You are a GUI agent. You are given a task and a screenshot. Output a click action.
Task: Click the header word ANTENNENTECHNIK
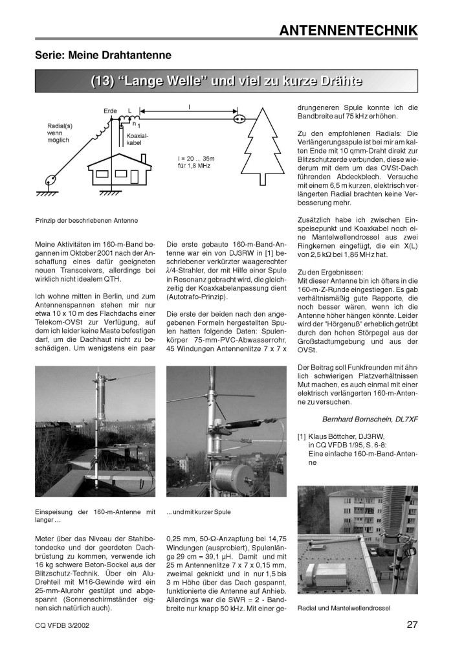point(348,30)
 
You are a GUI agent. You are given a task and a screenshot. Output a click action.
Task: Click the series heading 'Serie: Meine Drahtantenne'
point(103,56)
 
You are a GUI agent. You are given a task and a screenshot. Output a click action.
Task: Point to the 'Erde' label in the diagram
point(110,111)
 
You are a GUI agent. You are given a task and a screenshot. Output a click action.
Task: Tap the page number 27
point(412,625)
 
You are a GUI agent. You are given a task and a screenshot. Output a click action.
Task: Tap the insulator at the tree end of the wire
point(239,119)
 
